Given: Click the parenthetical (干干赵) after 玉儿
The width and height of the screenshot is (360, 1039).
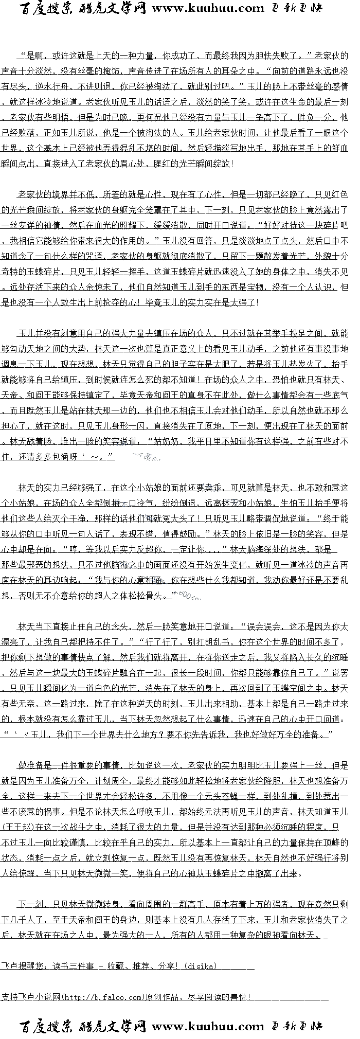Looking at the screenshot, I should tap(17, 827).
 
